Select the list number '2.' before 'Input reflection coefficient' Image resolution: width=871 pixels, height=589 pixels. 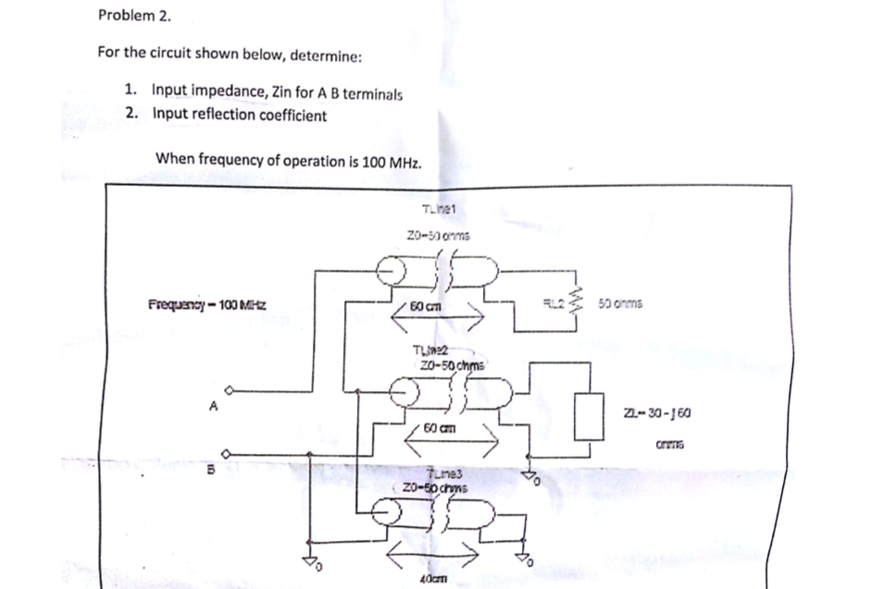134,115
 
